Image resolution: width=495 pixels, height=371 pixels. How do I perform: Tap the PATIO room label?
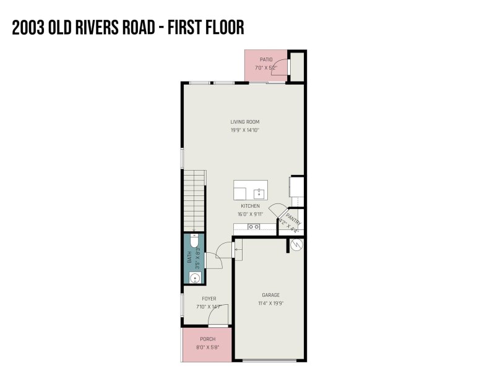pos(266,59)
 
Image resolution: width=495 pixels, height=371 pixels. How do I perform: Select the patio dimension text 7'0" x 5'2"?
pos(266,67)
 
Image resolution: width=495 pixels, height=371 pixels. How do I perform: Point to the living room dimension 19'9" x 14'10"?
pos(244,130)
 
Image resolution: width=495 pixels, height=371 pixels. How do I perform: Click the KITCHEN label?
pos(250,206)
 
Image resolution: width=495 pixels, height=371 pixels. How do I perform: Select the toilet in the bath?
pos(194,239)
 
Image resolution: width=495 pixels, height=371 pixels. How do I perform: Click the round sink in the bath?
pos(195,278)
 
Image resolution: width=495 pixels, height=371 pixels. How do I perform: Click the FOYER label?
pos(209,299)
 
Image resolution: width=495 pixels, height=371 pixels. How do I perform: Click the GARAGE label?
pos(272,295)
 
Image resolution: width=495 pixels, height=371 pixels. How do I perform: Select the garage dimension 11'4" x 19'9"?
pos(272,304)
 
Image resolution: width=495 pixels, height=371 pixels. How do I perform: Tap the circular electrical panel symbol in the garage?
pos(295,245)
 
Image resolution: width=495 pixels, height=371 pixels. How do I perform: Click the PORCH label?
pos(207,339)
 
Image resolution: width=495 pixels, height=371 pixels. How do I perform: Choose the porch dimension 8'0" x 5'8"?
pos(207,348)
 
